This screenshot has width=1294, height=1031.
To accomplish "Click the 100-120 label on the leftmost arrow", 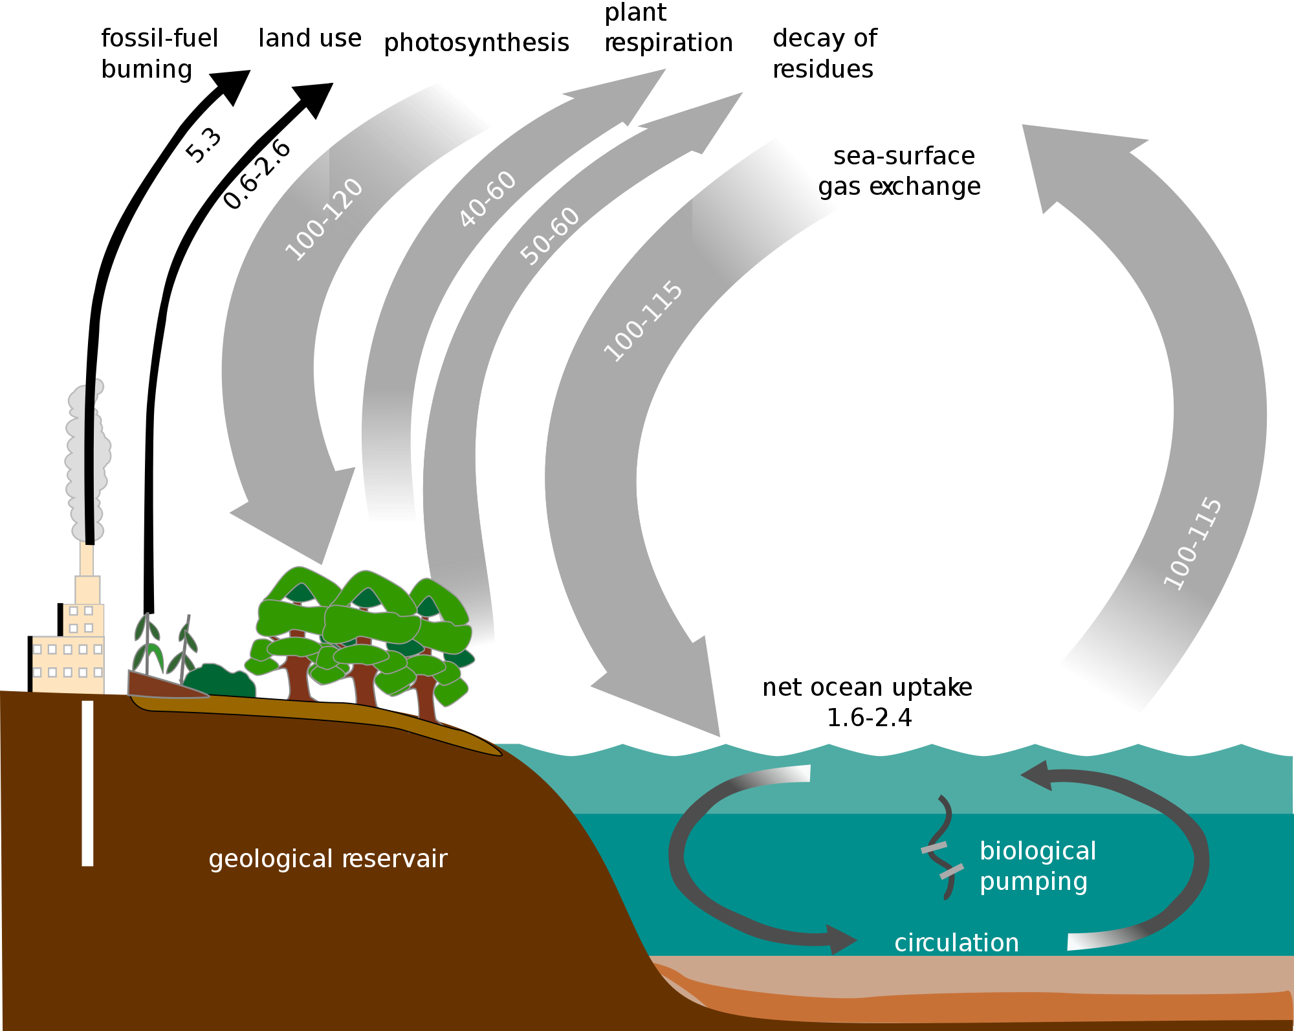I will (x=324, y=219).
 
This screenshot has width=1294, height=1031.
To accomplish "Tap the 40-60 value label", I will (x=487, y=198).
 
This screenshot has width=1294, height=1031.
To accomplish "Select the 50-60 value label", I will (x=550, y=236).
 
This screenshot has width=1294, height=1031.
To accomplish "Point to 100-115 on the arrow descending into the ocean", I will (x=642, y=321).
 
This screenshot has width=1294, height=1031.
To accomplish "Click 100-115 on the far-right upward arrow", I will (x=1192, y=543).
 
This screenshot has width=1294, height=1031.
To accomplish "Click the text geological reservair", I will (x=328, y=859).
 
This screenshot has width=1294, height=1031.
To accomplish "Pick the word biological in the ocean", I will (x=1038, y=851).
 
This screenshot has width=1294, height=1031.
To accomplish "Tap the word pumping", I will (x=1033, y=882).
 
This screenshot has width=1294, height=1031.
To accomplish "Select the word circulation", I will (x=956, y=943).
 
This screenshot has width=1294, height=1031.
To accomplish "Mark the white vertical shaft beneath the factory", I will (x=87, y=783).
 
